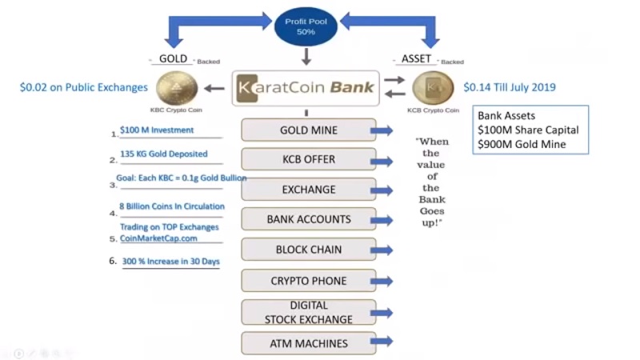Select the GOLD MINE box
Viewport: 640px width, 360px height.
point(308,130)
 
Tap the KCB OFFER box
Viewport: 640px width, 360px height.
point(308,160)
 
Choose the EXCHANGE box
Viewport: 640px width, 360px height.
point(308,190)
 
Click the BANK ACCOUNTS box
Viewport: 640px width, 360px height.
point(308,219)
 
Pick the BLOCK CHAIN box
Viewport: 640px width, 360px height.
point(308,250)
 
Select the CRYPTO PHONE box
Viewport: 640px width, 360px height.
point(308,281)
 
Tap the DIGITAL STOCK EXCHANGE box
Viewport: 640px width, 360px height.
point(308,312)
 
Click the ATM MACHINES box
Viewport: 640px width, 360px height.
point(308,343)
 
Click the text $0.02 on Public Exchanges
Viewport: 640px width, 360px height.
point(84,87)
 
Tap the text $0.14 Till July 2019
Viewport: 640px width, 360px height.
point(510,87)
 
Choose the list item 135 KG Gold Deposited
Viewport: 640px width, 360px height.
point(163,154)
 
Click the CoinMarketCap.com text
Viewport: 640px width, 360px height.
point(158,238)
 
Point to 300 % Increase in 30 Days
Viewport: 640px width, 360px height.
point(170,261)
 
